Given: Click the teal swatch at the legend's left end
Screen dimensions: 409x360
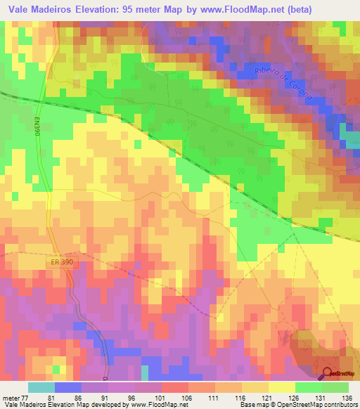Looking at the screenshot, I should (x=41, y=387).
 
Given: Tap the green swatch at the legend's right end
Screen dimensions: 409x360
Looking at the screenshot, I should (x=335, y=387).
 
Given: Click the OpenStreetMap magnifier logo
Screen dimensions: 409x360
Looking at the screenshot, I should (x=328, y=375).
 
